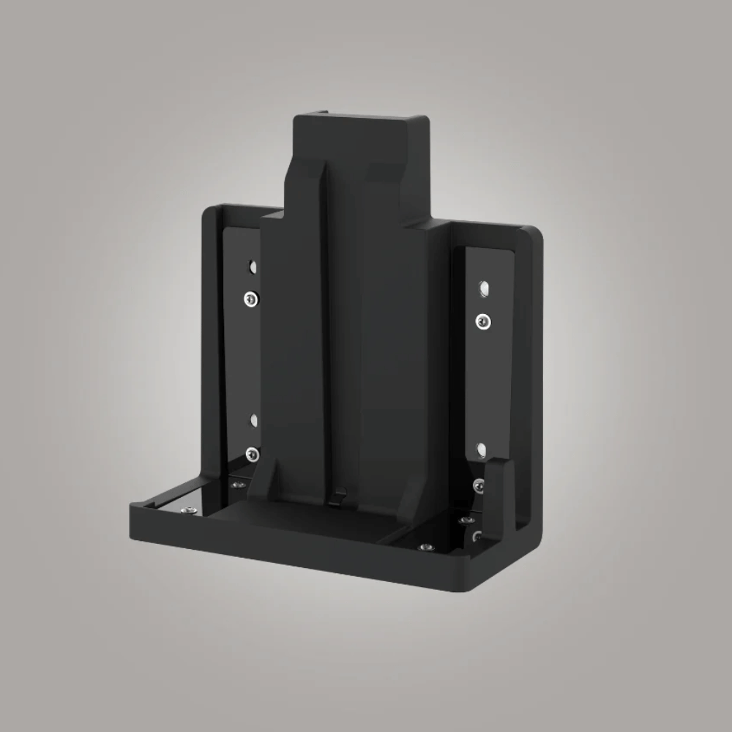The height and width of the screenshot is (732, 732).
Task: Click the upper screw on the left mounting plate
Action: [250, 298]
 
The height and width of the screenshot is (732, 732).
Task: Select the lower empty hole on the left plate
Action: [253, 420]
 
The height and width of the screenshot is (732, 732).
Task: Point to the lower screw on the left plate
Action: [252, 454]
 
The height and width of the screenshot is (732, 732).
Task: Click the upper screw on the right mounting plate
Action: [482, 320]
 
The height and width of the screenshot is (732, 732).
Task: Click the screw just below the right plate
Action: [477, 484]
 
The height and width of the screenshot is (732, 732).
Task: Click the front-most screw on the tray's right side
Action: [424, 546]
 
